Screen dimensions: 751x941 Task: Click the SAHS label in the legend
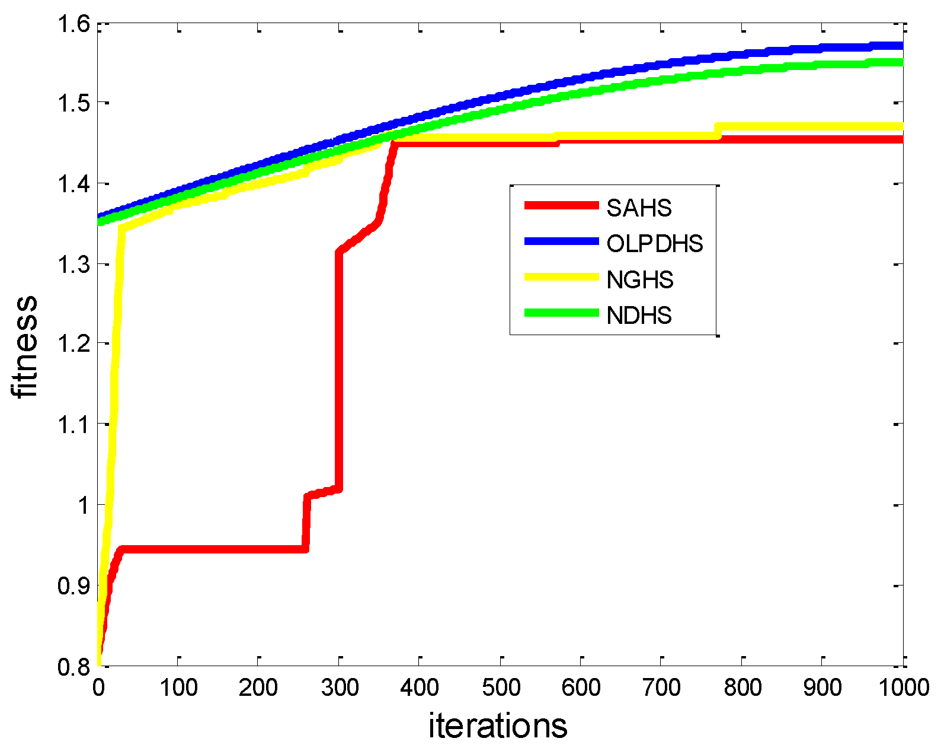coord(639,208)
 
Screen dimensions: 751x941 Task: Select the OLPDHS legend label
coord(655,243)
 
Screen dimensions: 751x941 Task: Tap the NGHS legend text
coord(640,279)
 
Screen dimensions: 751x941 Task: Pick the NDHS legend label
coord(639,315)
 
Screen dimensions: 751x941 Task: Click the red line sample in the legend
coord(561,205)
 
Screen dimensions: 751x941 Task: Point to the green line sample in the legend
coord(561,313)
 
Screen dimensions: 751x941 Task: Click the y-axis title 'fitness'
coord(25,346)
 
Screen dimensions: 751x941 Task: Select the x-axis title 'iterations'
coord(498,725)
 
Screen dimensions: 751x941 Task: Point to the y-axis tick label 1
coord(82,505)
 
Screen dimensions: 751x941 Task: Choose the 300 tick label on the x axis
coord(340,688)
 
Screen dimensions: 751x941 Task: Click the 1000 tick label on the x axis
coord(903,688)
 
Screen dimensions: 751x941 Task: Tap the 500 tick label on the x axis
coord(501,688)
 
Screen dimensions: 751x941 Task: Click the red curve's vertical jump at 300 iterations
coord(339,368)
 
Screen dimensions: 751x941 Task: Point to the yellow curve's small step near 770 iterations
coord(718,131)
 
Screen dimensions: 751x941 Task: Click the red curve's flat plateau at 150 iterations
coord(219,549)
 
